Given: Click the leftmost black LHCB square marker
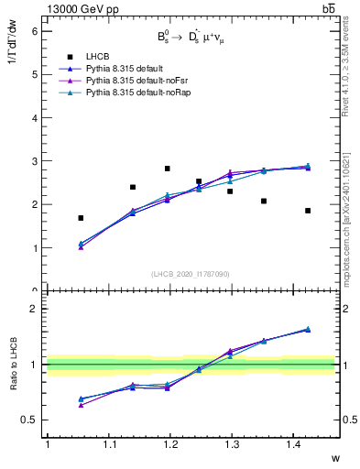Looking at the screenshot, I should click(81, 218).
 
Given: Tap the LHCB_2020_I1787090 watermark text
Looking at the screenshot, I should click(190, 273).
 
